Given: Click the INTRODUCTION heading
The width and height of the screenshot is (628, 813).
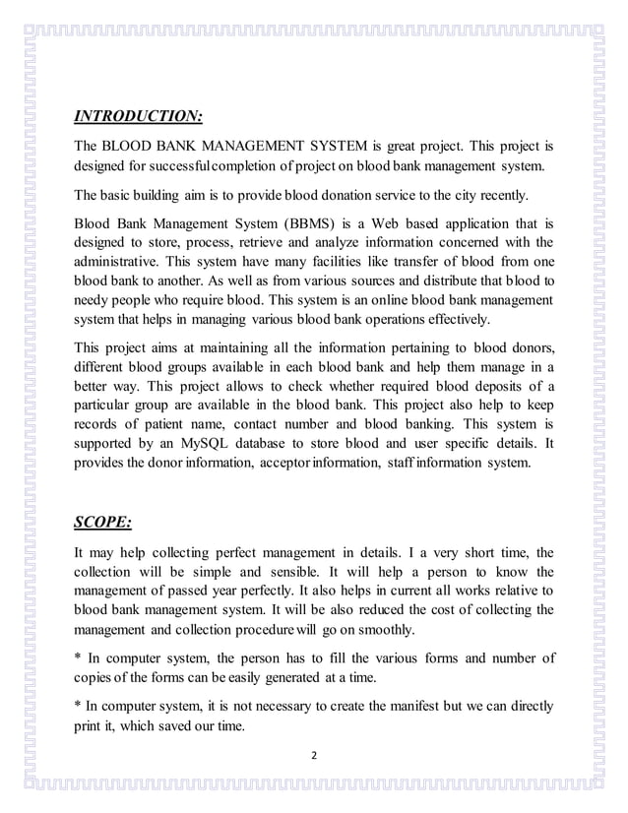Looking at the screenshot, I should [138, 117].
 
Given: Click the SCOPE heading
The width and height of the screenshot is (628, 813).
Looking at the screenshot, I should [103, 521].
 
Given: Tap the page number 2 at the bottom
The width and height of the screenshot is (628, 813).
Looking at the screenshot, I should [314, 756].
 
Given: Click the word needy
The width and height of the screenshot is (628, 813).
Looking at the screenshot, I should [94, 300].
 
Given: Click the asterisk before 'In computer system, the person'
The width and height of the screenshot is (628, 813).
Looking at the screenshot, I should [78, 657].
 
